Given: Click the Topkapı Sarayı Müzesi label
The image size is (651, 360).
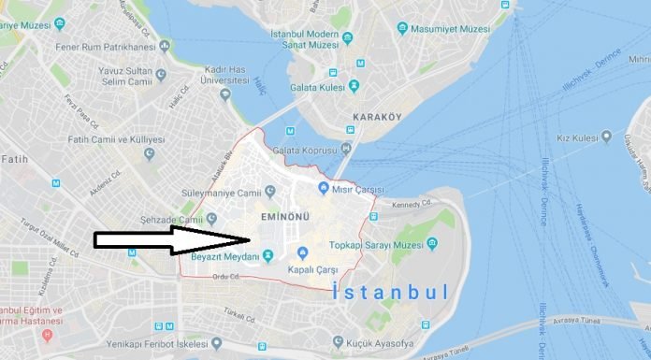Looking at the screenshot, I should [x=378, y=245].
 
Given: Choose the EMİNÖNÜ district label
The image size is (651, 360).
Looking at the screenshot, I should [x=284, y=218].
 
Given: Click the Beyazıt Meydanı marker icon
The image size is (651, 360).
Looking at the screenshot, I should [x=268, y=255].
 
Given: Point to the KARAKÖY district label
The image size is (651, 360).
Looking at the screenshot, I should [x=376, y=117].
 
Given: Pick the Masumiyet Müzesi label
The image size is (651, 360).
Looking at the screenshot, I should [x=450, y=29].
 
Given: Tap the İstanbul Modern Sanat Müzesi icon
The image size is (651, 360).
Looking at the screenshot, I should [x=348, y=37].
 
